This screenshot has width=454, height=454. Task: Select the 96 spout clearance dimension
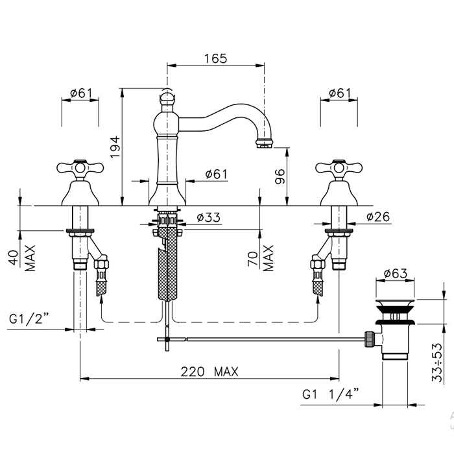(281, 175)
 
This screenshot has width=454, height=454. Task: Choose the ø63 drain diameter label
(395, 274)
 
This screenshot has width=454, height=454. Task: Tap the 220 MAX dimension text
(209, 372)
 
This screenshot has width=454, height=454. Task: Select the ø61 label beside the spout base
(215, 174)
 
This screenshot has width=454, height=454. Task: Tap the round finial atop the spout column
(167, 99)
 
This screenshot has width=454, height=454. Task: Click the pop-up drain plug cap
(394, 304)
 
